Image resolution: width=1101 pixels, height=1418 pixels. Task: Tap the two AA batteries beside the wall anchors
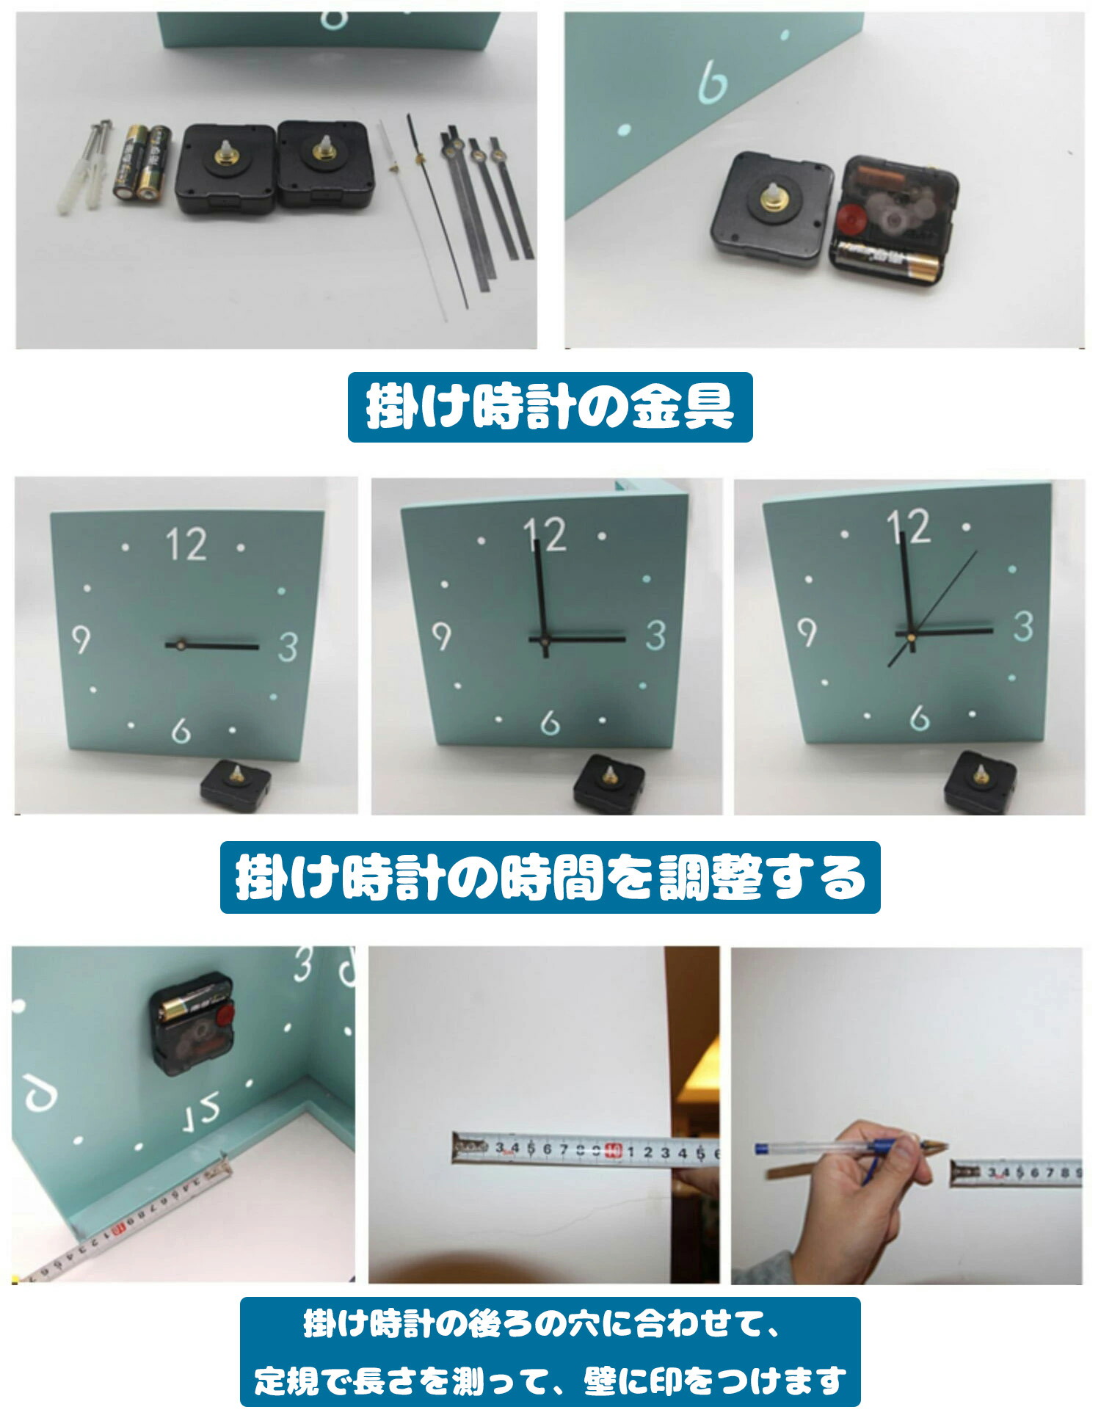[x=142, y=162]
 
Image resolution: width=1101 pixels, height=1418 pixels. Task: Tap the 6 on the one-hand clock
[x=181, y=730]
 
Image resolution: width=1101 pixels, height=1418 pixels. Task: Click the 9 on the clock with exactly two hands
[x=441, y=636]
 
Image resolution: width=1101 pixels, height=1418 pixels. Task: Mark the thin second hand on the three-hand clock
[x=932, y=608]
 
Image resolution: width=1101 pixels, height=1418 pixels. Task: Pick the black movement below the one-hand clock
[x=236, y=781]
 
